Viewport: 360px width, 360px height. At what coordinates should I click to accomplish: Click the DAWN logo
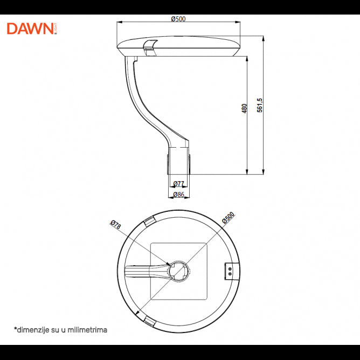click(x=31, y=29)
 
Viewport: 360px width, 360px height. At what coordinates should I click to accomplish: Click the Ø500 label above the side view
click(x=178, y=19)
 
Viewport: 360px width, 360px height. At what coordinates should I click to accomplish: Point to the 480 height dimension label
click(x=244, y=108)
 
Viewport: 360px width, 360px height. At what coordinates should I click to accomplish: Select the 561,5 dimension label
click(x=260, y=105)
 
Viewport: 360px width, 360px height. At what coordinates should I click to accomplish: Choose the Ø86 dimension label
click(x=179, y=195)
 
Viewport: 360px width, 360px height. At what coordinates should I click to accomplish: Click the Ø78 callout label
click(x=115, y=225)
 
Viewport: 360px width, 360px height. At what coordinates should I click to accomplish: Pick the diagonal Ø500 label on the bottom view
click(x=228, y=218)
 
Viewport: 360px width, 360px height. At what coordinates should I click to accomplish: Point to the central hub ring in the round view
click(x=178, y=271)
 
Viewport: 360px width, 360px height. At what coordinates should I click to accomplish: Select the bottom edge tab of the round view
click(x=149, y=323)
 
